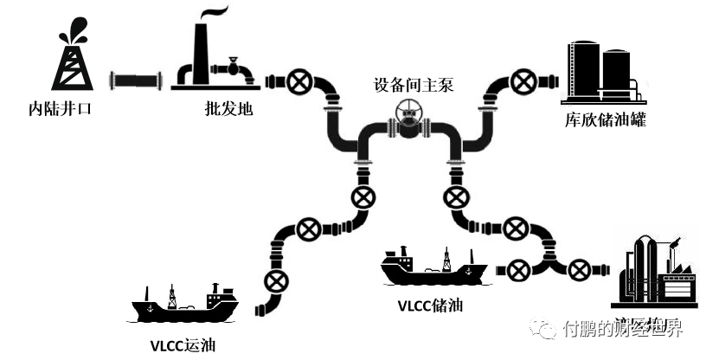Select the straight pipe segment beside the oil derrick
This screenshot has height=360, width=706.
coord(137,82)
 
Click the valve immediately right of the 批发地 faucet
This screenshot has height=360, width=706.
coord(299,83)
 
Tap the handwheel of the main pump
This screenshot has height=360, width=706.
coord(407,113)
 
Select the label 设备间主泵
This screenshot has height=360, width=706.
coord(414,86)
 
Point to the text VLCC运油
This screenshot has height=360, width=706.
coord(181,347)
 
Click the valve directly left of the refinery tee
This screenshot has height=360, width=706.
coord(518,269)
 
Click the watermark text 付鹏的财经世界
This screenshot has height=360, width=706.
coord(622,330)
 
